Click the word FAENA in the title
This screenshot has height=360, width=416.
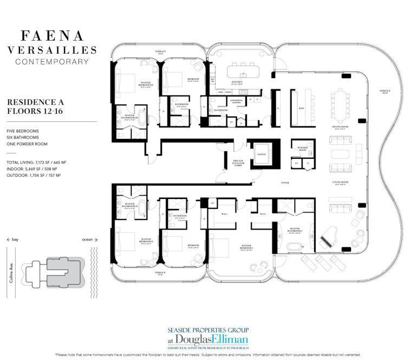click(52, 36)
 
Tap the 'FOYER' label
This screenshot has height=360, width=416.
click(285, 183)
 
